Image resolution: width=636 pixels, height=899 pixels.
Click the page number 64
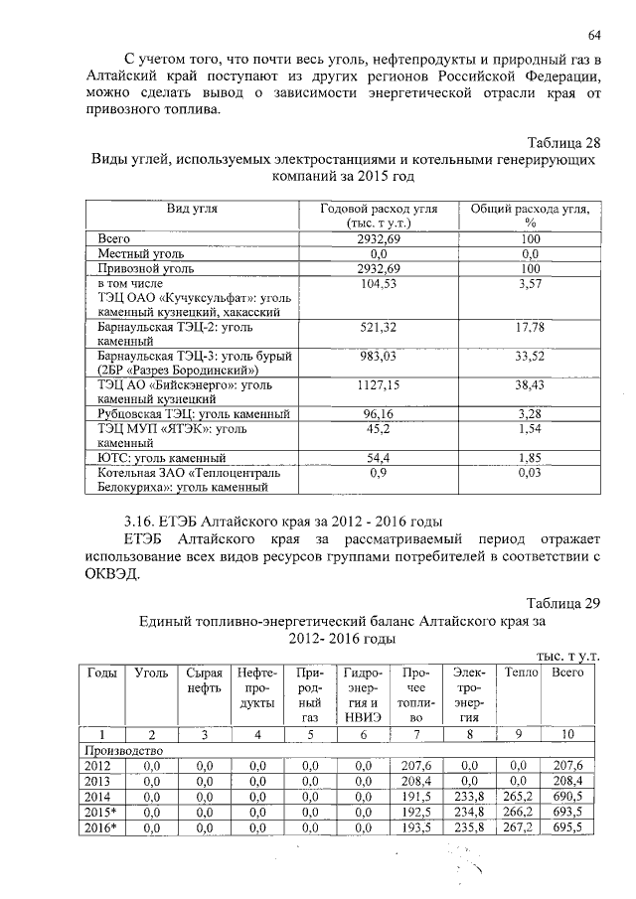594,36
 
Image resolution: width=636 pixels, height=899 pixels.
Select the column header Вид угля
193,209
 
